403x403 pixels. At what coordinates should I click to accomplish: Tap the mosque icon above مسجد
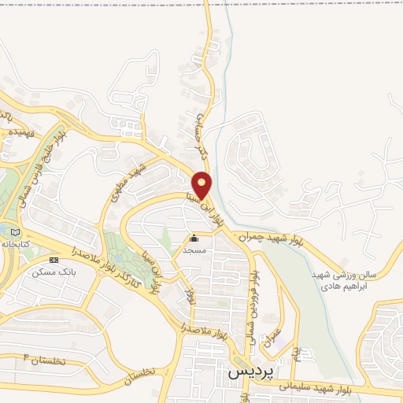pos(194,237)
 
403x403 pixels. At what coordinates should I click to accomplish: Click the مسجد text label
pos(194,249)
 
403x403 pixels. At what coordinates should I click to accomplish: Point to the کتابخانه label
pos(22,244)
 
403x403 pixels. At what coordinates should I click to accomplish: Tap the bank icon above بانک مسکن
pos(54,259)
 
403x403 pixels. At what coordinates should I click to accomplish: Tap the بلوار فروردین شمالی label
pos(253,295)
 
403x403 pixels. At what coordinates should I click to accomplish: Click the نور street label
pos(189,297)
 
